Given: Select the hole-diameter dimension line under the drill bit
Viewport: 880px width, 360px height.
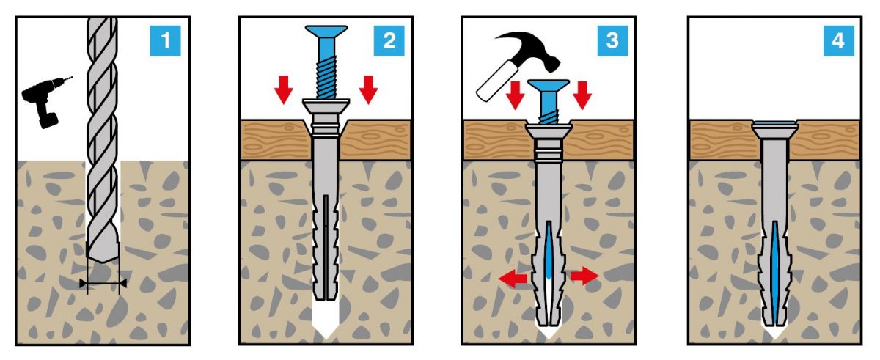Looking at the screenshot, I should (x=103, y=282).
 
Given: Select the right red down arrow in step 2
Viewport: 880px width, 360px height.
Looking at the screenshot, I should (x=368, y=89).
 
